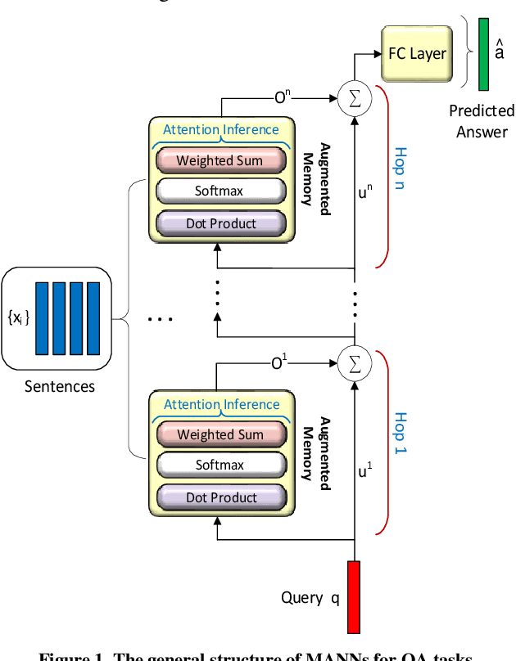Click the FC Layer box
417,54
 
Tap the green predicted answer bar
485,54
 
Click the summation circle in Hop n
354,98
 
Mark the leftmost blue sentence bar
41,317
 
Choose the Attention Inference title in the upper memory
221,129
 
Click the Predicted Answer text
482,120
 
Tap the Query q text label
310,597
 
